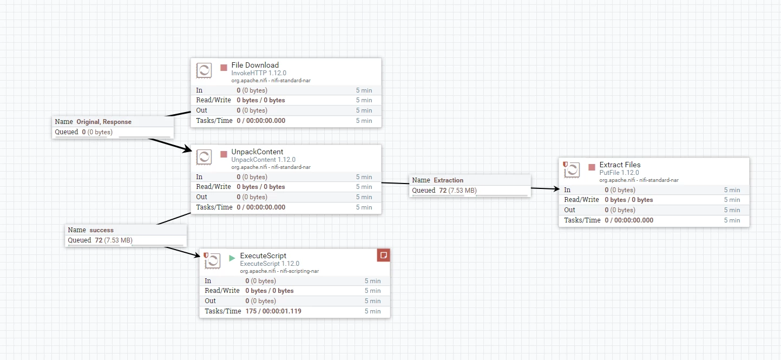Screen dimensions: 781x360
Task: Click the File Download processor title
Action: [255, 65]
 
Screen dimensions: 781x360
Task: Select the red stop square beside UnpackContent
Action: [224, 154]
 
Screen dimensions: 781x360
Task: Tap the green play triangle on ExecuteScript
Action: [232, 258]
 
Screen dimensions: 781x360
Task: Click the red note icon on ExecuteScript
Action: [384, 255]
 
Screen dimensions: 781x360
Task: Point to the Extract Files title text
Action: [620, 165]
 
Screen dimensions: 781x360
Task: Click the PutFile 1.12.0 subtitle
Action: [619, 173]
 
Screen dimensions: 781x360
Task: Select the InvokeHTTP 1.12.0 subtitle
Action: [259, 73]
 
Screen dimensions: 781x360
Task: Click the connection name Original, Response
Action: [104, 122]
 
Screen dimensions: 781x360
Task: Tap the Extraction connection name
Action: [448, 180]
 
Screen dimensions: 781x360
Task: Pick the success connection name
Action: [101, 230]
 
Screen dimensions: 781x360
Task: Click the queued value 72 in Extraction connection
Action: [443, 191]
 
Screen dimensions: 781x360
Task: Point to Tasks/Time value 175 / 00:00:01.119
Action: [273, 311]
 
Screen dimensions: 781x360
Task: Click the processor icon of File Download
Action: [204, 70]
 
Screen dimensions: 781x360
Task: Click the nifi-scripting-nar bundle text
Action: [299, 271]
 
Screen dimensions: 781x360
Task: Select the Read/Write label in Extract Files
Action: [581, 200]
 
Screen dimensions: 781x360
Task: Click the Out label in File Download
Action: [201, 110]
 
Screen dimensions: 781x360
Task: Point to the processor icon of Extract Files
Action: [572, 170]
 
